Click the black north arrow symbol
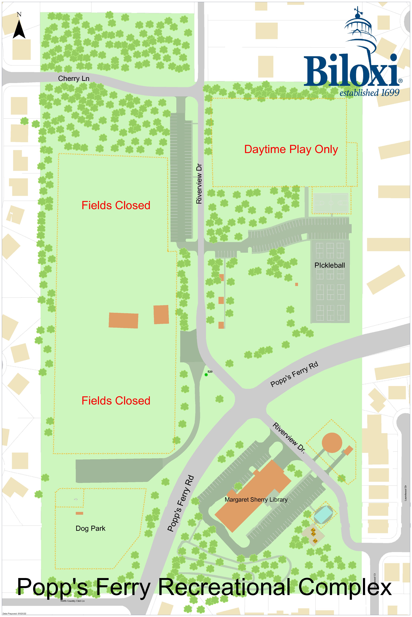point(19,29)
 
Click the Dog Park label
point(90,528)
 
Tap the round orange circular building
point(332,443)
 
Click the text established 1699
point(369,93)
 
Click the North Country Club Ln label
point(73,601)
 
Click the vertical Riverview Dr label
point(199,184)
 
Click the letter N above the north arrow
point(19,14)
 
